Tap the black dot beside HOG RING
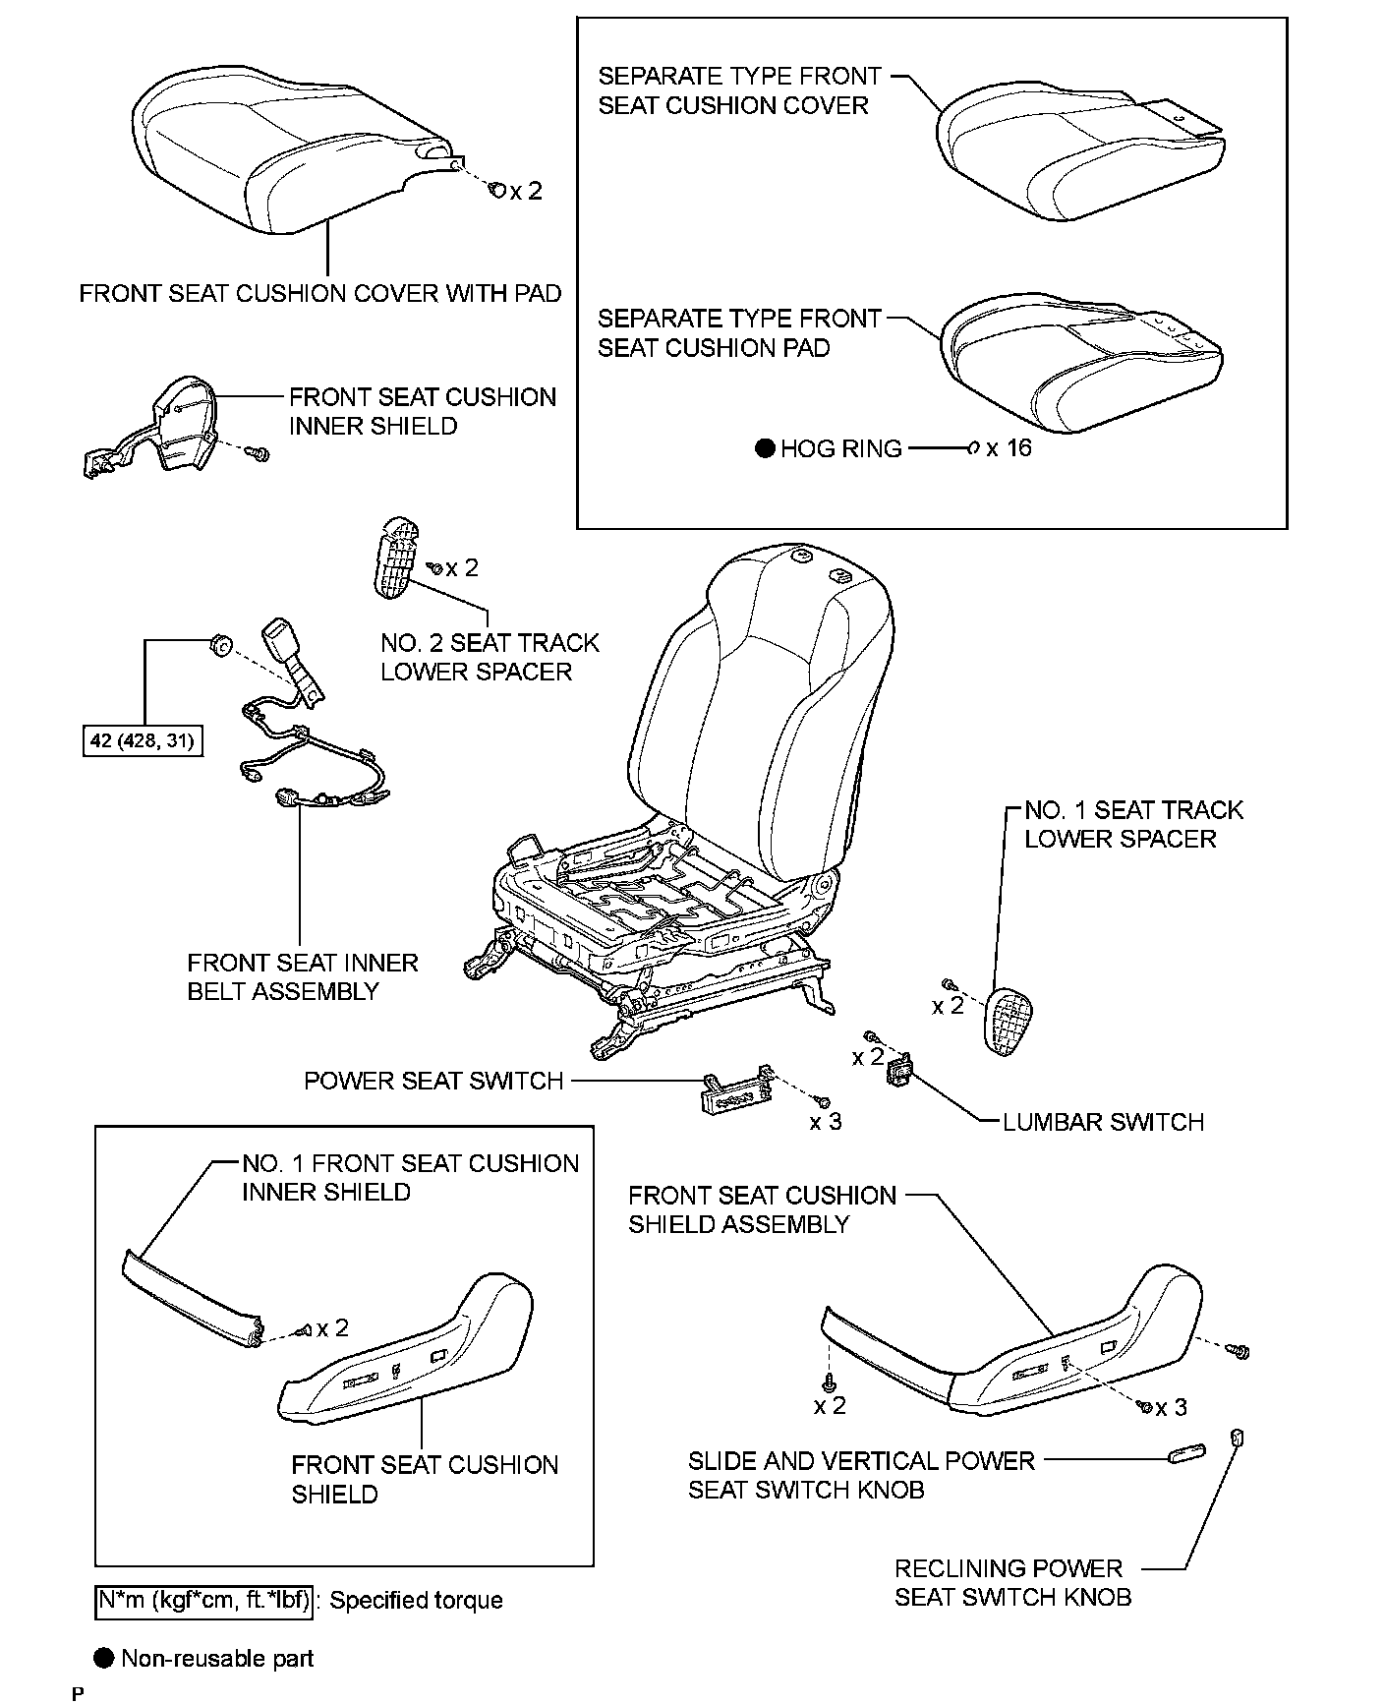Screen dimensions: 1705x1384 [766, 449]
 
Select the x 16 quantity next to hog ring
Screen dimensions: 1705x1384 [1009, 448]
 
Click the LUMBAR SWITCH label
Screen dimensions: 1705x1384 [1103, 1122]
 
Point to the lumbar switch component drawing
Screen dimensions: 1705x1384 [899, 1071]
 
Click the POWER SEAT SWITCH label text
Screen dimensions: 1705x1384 [432, 1081]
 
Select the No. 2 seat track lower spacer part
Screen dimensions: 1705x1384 [396, 556]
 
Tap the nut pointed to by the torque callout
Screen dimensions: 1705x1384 [219, 646]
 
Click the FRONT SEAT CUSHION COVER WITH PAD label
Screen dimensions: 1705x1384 [320, 293]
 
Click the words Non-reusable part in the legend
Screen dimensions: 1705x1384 [217, 1659]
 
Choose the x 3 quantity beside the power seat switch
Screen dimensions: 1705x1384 [826, 1122]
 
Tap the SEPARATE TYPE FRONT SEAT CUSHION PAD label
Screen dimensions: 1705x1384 [739, 333]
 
